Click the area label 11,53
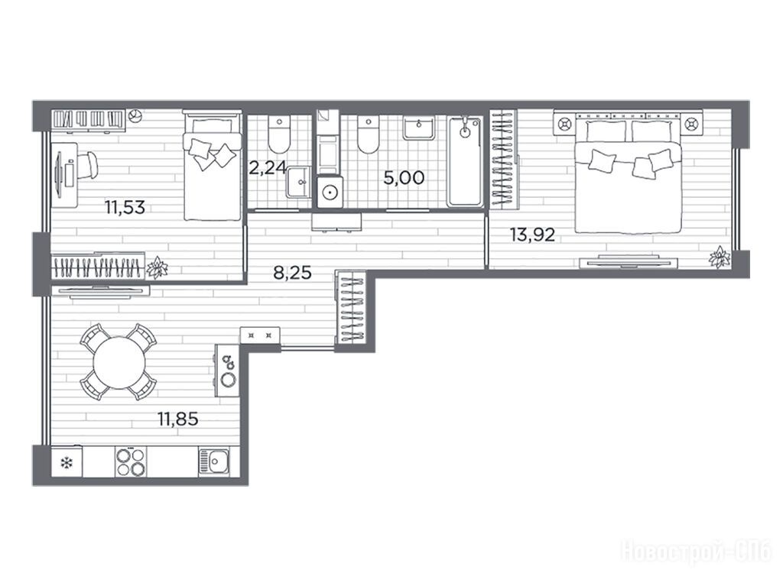[125, 206]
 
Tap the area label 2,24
[267, 168]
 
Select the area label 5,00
[404, 177]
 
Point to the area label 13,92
[532, 234]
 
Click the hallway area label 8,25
[293, 273]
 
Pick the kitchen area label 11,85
[177, 419]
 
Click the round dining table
[119, 362]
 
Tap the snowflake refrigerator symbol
[67, 463]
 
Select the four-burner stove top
[131, 461]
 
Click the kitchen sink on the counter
[214, 461]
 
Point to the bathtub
[464, 161]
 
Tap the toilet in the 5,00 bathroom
[369, 134]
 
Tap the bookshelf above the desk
[88, 120]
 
